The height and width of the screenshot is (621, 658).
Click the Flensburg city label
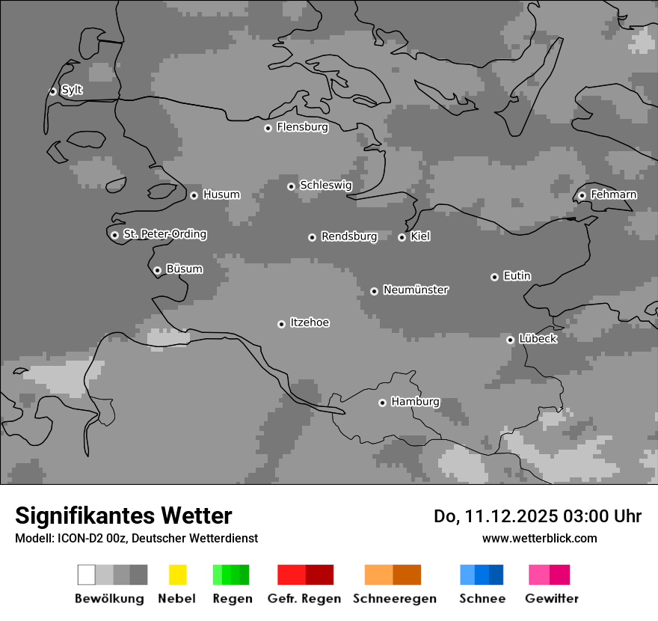pos(302,127)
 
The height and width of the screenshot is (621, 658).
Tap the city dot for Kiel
pos(402,237)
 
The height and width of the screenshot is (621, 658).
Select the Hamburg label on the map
pos(415,402)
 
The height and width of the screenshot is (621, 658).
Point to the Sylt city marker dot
pos(52,91)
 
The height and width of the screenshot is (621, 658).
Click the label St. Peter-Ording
pos(164,234)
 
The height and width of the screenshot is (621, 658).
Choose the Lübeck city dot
pos(510,340)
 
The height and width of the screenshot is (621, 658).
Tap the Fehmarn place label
pos(613,195)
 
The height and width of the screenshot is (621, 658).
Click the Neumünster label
pos(415,290)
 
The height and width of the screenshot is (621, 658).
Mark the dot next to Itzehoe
pos(281,324)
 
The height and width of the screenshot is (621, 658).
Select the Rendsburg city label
pos(349,236)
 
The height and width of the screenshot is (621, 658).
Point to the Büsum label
pos(184,269)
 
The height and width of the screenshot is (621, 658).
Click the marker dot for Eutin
pos(494,277)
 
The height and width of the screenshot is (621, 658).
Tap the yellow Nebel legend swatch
pos(177,575)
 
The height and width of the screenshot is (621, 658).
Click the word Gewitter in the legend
pos(552,599)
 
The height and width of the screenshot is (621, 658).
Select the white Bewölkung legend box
pos(87,575)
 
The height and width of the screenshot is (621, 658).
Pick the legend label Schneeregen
pos(395,599)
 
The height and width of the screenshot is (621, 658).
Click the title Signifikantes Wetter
pos(123,516)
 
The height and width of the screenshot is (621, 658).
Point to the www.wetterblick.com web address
pos(539,538)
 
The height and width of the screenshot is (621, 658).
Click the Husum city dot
pos(194,195)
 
